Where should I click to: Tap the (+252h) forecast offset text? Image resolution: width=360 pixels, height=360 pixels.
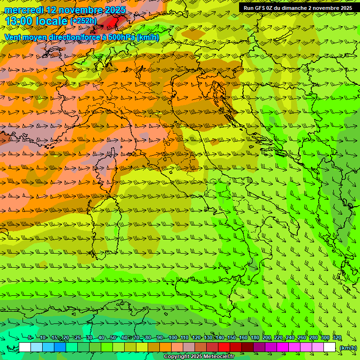pyautogui.click(x=83, y=21)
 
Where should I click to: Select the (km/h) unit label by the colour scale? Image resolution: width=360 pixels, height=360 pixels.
pyautogui.click(x=348, y=348)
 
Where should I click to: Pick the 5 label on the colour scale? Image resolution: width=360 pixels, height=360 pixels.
pyautogui.click(x=30, y=338)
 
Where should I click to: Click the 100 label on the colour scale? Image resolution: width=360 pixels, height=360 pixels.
pyautogui.click(x=172, y=338)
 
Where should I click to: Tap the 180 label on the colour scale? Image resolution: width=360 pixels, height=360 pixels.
pyautogui.click(x=255, y=338)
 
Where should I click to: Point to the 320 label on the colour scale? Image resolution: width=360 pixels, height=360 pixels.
pyautogui.click(x=337, y=338)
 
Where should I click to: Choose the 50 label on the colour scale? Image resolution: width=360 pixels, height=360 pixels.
pyautogui.click(x=113, y=338)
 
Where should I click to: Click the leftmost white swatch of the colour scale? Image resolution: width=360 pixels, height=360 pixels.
pyautogui.click(x=25, y=347)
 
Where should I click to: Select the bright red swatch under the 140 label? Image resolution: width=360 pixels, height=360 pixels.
pyautogui.click(x=224, y=347)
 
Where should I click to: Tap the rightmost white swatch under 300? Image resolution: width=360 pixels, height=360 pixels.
pyautogui.click(x=330, y=347)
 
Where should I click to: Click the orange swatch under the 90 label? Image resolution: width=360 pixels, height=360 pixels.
pyautogui.click(x=165, y=347)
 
